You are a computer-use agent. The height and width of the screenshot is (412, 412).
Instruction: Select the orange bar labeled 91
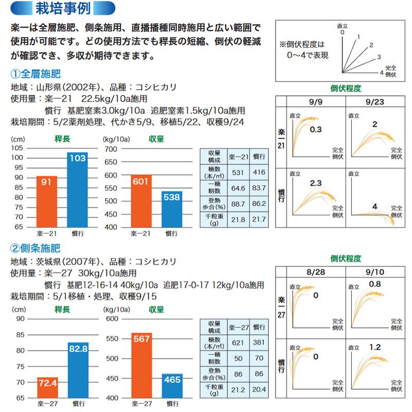47,201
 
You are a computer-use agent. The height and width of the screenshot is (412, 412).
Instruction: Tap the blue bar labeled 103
77,190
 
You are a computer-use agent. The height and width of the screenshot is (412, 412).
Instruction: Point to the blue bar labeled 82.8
78,370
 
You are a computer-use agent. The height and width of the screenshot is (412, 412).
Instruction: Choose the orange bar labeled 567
142,365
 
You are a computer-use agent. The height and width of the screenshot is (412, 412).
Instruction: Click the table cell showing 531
237,172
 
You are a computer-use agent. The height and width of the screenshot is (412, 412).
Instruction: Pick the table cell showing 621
237,342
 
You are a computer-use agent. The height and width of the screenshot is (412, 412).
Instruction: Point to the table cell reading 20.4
259,389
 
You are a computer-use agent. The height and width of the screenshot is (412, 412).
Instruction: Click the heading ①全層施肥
36,73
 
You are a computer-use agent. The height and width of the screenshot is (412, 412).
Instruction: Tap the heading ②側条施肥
36,248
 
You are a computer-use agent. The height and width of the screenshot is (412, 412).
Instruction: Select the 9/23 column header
375,101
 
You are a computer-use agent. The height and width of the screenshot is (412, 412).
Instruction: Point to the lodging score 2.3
316,183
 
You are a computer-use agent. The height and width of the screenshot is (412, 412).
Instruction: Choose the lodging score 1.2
374,347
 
